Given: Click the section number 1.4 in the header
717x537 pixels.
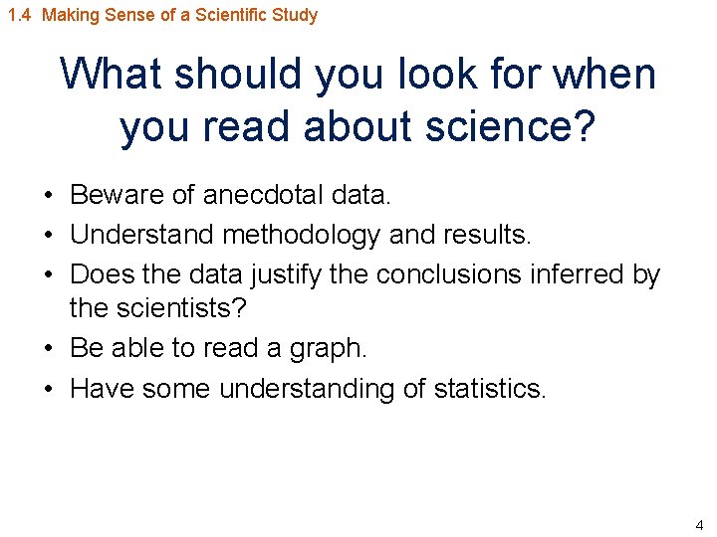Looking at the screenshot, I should tap(19, 15).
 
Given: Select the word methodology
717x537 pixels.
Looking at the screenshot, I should tap(302, 235).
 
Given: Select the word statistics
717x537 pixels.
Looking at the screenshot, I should tap(490, 388).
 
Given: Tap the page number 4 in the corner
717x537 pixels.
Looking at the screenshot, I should tap(698, 524).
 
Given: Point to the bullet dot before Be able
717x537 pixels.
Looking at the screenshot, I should tap(49, 349).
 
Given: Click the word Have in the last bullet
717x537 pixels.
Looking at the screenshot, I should tap(103, 388).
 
